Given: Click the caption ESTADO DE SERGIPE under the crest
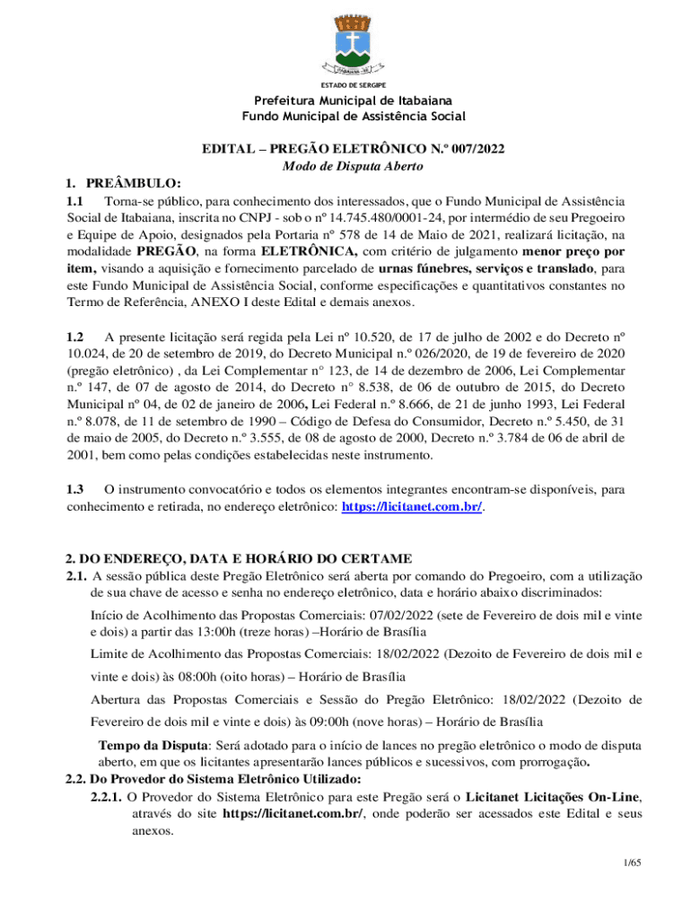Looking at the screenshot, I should [x=354, y=84].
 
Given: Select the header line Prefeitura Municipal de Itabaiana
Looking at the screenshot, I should [x=354, y=100].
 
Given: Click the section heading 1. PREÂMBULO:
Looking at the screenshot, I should [x=111, y=183].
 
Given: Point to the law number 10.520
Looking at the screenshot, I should [x=343, y=337].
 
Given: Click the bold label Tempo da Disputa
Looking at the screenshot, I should [x=147, y=745].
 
